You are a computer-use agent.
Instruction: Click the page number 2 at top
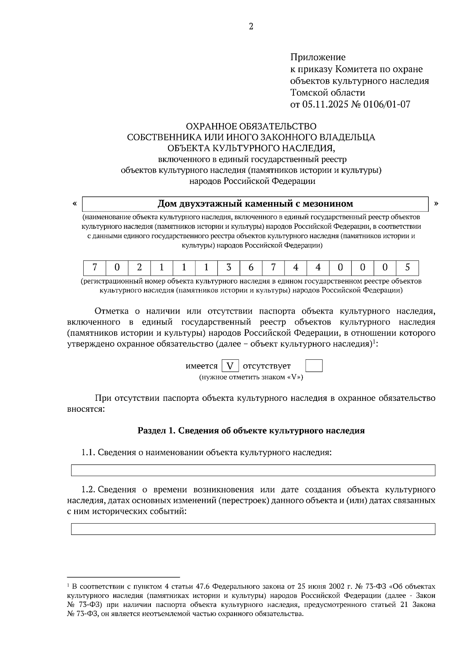(251, 27)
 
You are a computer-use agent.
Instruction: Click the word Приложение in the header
(318, 57)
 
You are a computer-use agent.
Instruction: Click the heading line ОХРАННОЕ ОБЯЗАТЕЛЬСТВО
(251, 126)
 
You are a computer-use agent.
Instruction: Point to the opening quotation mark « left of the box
(74, 203)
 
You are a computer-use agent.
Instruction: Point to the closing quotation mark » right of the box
(436, 203)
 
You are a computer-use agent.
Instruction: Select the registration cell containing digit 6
(251, 268)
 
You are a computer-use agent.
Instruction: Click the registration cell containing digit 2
(140, 268)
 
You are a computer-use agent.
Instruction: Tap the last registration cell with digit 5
(407, 268)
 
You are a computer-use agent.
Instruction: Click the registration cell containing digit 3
(229, 268)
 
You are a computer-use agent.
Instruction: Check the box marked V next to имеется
(230, 366)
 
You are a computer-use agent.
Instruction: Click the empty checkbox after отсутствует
(314, 366)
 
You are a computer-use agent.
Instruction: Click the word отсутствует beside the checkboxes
(267, 366)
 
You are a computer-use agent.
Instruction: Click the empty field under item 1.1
(253, 470)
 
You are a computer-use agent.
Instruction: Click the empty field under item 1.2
(253, 529)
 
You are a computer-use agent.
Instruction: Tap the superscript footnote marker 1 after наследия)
(374, 342)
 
